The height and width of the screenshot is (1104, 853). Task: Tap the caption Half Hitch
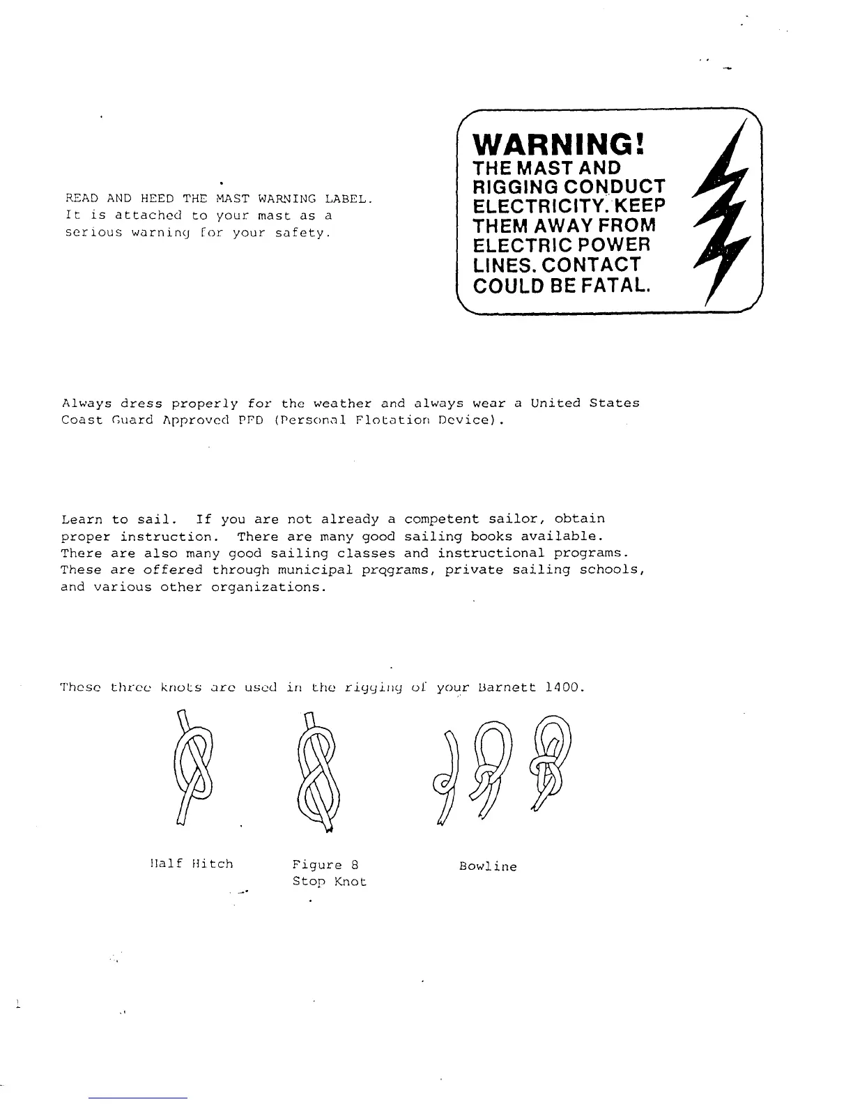tap(191, 864)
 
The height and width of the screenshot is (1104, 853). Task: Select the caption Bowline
tap(488, 867)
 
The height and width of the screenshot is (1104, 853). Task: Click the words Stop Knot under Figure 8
tap(330, 882)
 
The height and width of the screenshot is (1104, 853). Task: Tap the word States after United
tap(614, 403)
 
